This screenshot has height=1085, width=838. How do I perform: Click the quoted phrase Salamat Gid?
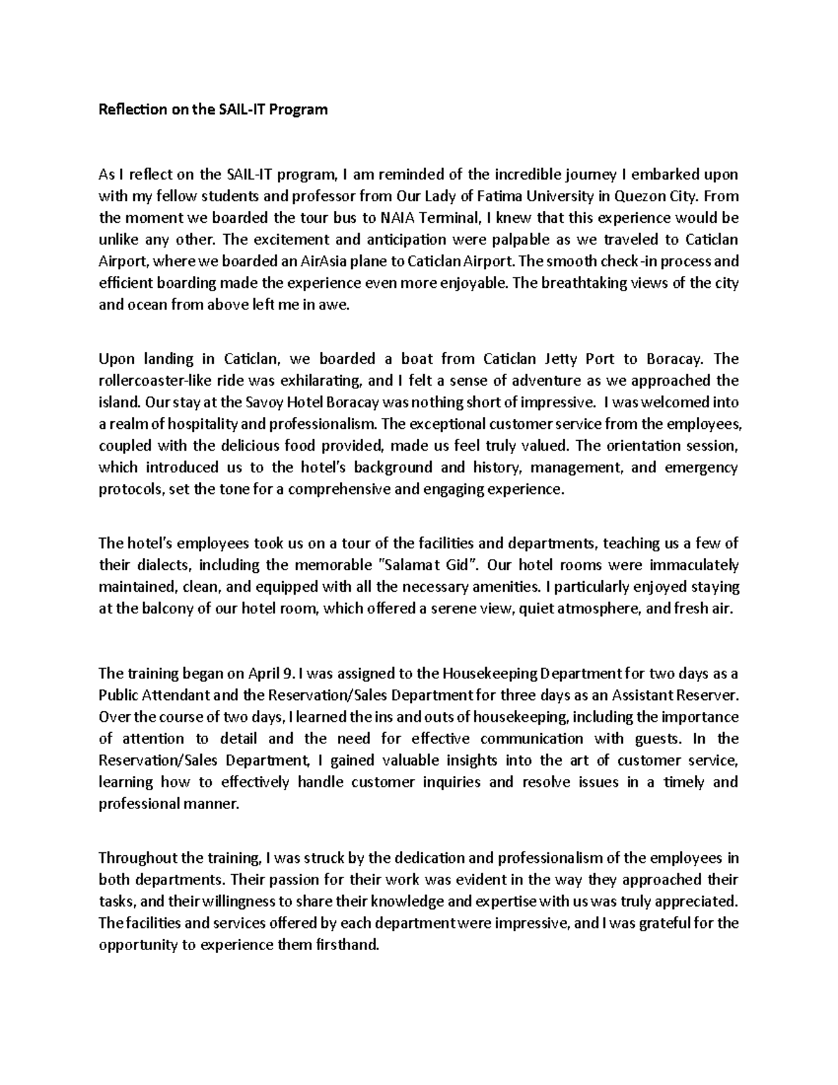click(426, 565)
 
